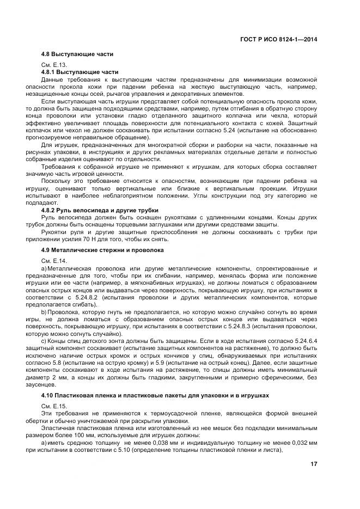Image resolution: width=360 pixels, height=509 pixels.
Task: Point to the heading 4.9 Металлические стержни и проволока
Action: tap(103, 250)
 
